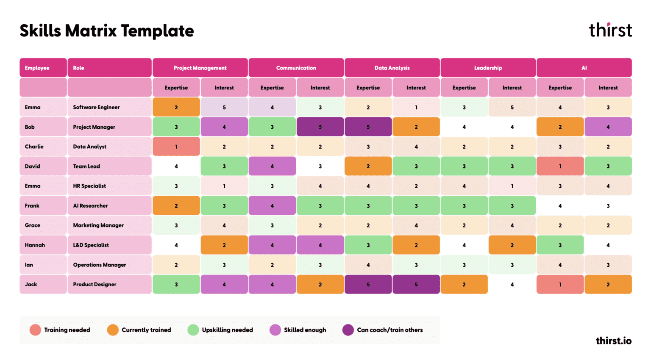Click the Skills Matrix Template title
(x=107, y=31)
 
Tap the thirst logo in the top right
(x=610, y=30)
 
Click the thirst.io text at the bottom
(x=613, y=341)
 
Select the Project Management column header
(x=200, y=68)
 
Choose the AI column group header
(x=584, y=68)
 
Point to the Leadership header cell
(x=488, y=68)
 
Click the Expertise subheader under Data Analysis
(x=368, y=88)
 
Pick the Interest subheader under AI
(x=608, y=88)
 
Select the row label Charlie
(x=34, y=147)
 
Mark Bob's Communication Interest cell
(x=320, y=127)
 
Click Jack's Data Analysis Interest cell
(x=416, y=285)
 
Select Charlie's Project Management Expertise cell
(x=176, y=147)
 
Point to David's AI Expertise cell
(x=560, y=166)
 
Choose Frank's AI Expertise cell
(x=560, y=206)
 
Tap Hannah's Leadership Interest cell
(x=512, y=245)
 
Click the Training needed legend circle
(x=35, y=330)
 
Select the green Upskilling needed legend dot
(x=193, y=330)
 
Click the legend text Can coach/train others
(x=389, y=330)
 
